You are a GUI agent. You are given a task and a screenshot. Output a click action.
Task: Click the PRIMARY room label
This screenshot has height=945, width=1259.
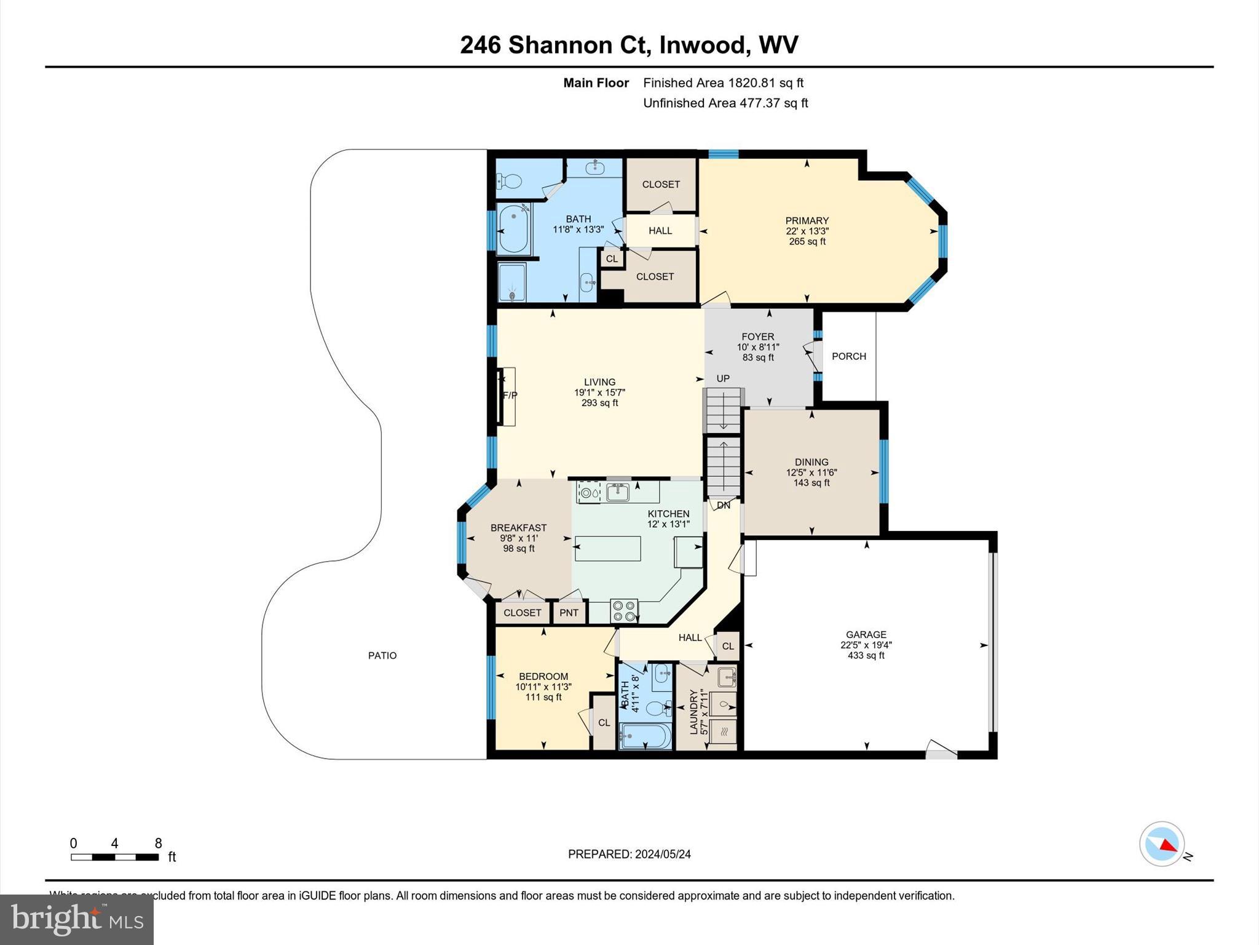[807, 221]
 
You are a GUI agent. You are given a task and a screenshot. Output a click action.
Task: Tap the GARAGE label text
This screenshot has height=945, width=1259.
[866, 634]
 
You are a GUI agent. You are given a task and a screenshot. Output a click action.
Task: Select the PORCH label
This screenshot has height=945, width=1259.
[848, 356]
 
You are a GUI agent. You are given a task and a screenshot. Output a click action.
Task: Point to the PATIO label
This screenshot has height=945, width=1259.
[382, 656]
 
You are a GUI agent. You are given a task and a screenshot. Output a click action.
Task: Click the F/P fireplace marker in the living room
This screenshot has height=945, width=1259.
[510, 396]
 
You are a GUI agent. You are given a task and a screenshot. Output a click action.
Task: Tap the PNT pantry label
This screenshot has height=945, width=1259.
[569, 613]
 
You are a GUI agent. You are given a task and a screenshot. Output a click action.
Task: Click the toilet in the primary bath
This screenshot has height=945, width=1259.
[510, 181]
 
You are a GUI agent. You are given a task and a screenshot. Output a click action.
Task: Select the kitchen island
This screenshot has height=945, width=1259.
[607, 548]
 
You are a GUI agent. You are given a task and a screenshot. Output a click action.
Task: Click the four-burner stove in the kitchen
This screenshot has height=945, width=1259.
[624, 611]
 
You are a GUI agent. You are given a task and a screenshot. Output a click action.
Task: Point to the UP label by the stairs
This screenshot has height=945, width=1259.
[723, 378]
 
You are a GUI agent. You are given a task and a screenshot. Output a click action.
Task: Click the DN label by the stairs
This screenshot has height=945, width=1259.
[724, 505]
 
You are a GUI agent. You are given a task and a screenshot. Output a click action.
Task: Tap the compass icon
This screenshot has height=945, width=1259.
[1161, 844]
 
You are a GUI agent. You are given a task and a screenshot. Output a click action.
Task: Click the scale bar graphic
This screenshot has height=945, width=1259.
[115, 857]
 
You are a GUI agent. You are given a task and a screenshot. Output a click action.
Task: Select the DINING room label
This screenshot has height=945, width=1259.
[811, 462]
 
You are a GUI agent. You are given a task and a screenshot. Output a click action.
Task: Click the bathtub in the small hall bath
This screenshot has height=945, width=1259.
[645, 736]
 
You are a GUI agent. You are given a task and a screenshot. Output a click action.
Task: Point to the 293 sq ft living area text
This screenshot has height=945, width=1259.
[599, 403]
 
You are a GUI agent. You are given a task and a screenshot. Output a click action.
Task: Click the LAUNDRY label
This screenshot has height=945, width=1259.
[694, 712]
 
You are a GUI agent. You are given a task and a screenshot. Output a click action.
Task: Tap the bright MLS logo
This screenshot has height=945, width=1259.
[77, 920]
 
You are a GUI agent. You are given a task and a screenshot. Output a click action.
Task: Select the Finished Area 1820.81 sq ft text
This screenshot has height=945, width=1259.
[723, 83]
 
